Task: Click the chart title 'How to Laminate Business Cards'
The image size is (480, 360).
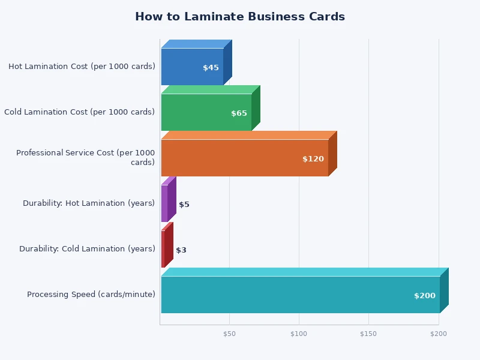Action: [240, 17]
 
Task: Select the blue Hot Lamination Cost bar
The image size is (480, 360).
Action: [186, 67]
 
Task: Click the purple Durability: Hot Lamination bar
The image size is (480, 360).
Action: [164, 203]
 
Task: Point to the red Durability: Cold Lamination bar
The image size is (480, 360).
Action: [163, 249]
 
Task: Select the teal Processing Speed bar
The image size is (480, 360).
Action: [288, 295]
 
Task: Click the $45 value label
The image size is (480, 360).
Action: [211, 68]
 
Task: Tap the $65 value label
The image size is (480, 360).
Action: [239, 113]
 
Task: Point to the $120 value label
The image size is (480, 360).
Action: [313, 159]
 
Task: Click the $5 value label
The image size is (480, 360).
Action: [184, 205]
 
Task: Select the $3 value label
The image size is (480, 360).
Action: [181, 250]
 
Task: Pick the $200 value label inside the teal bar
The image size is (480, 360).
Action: [425, 296]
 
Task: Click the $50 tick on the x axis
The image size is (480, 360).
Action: [229, 334]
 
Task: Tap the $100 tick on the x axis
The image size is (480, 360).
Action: [299, 334]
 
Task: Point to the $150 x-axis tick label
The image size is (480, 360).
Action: [368, 334]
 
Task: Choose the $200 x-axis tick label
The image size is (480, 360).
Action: [439, 334]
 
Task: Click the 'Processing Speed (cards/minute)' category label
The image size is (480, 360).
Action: [91, 295]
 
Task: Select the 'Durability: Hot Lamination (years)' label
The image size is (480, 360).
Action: [89, 203]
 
